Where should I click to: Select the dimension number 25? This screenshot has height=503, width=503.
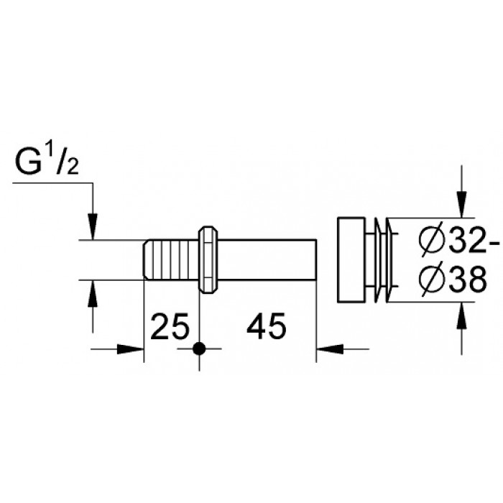[170, 326]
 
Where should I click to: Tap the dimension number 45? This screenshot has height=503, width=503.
[266, 326]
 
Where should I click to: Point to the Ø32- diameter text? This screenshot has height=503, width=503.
[459, 241]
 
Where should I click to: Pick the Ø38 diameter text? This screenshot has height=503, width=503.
[453, 280]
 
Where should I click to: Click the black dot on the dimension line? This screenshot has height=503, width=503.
[199, 349]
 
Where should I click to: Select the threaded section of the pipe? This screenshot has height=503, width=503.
[171, 260]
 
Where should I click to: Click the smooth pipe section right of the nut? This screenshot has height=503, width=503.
[267, 260]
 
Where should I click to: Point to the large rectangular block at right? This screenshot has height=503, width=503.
[351, 260]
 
